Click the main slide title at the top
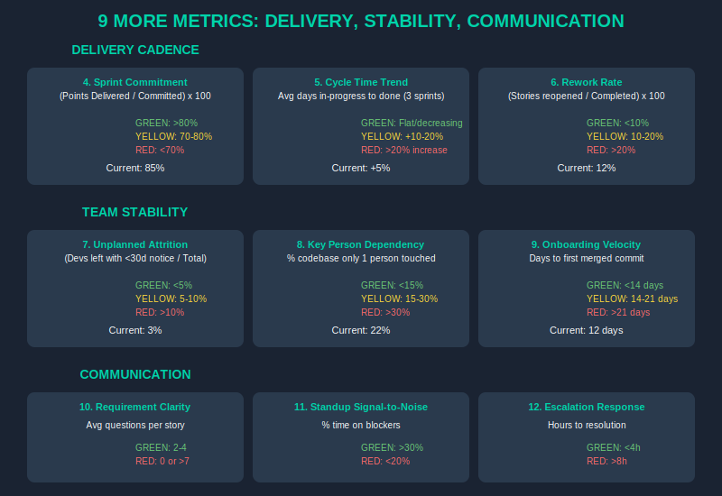pyautogui.click(x=361, y=21)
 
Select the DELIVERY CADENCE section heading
pyautogui.click(x=135, y=50)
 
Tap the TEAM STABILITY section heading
pyautogui.click(x=135, y=212)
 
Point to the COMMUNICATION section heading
pyautogui.click(x=135, y=374)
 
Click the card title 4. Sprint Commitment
pyautogui.click(x=135, y=82)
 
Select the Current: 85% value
pyautogui.click(x=135, y=168)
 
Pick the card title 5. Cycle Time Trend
pyautogui.click(x=361, y=82)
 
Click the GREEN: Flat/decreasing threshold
pyautogui.click(x=412, y=123)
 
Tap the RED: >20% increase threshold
pyautogui.click(x=404, y=150)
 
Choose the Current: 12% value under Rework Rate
pyautogui.click(x=587, y=168)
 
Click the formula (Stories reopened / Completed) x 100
pyautogui.click(x=587, y=96)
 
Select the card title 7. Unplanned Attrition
pyautogui.click(x=135, y=244)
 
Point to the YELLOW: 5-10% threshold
pyautogui.click(x=171, y=299)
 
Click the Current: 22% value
pyautogui.click(x=361, y=330)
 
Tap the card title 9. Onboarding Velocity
pyautogui.click(x=587, y=244)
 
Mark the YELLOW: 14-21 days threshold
pyautogui.click(x=632, y=299)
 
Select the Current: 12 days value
pyautogui.click(x=587, y=330)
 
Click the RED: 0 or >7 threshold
pyautogui.click(x=162, y=461)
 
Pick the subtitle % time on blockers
pyautogui.click(x=361, y=425)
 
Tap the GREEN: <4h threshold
pyautogui.click(x=614, y=447)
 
